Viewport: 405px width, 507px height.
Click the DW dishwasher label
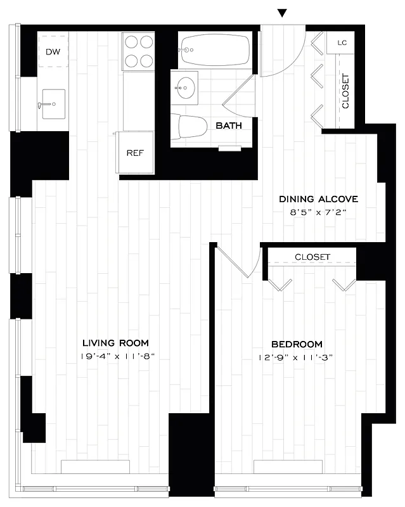53,51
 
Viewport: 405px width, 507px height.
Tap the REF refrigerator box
134,153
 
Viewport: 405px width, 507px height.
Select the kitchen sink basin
53,103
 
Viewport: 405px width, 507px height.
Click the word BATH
229,125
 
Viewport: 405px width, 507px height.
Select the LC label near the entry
342,43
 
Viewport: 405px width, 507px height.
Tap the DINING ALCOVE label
319,199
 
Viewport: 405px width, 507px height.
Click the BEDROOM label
297,343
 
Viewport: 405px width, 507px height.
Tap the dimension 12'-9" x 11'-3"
297,357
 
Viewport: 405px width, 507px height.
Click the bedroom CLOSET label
312,257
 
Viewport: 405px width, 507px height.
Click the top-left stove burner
131,43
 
